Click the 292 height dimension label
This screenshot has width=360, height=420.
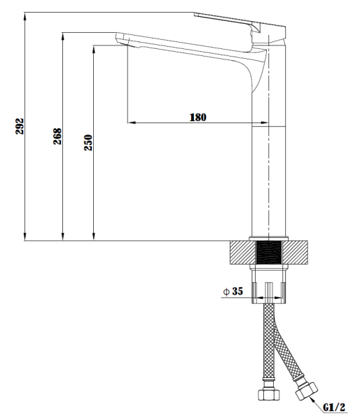20,126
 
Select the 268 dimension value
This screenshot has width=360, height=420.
57,136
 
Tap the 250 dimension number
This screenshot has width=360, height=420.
88,143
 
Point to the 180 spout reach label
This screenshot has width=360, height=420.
198,118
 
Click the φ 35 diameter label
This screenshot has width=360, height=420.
233,291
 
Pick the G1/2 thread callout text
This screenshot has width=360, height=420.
334,407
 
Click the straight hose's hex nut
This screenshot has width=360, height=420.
269,395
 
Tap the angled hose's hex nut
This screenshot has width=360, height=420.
306,391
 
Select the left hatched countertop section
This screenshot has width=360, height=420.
242,252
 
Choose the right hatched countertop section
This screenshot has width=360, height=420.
296,252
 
